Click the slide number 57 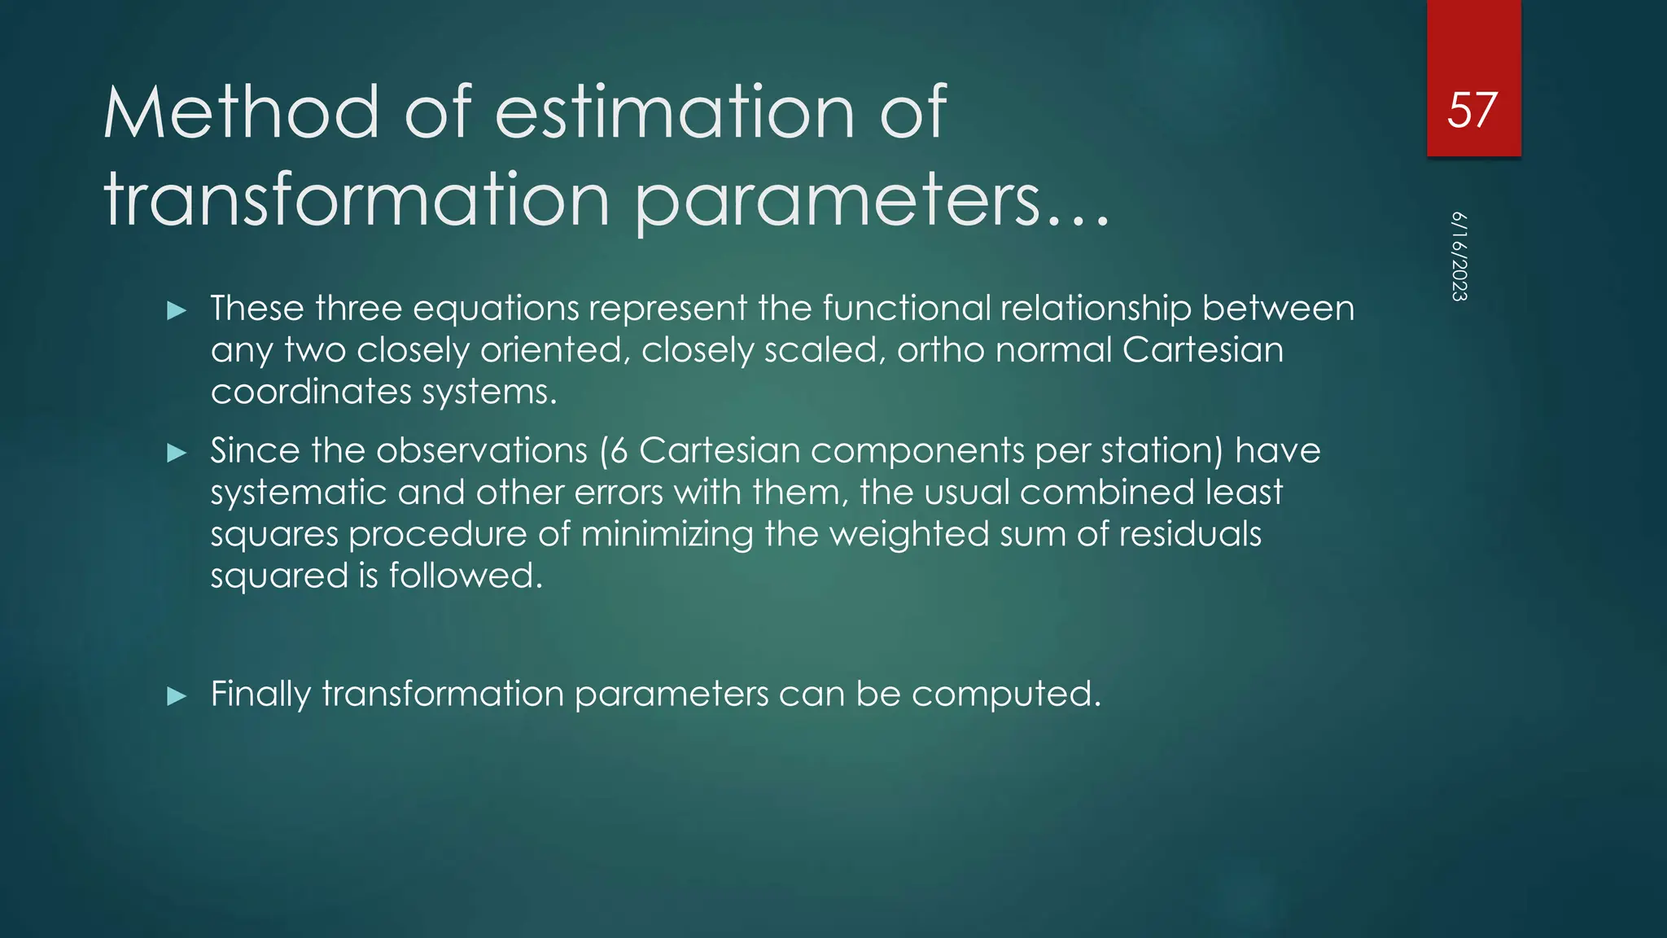coord(1472,110)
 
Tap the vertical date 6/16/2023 coord(1459,256)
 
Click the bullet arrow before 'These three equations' coord(177,310)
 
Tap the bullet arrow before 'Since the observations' coord(177,453)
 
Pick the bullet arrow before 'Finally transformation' coord(177,695)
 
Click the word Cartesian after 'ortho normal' coord(1202,350)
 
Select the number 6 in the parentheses coord(619,451)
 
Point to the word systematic coord(298,493)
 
